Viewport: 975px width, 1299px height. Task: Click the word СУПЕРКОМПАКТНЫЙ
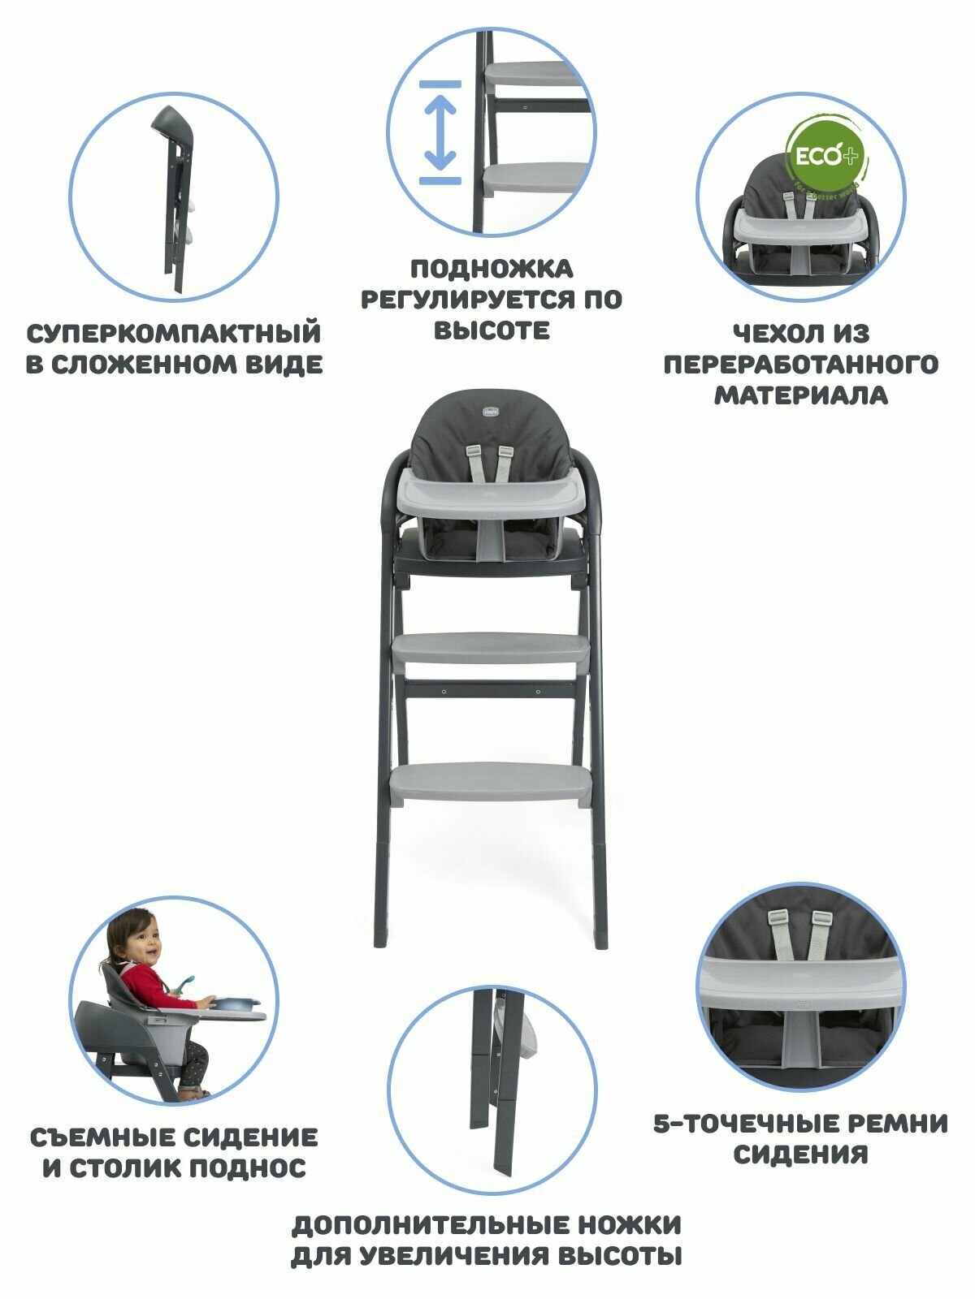tap(174, 334)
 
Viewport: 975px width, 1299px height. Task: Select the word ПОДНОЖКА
tap(491, 269)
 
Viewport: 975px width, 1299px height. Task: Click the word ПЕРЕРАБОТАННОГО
tap(800, 365)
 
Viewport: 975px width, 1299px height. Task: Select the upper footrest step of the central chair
tap(492, 649)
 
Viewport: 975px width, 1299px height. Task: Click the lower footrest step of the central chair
tap(491, 780)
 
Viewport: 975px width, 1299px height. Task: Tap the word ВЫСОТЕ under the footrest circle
tap(491, 330)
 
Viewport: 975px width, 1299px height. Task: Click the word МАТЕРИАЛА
tap(800, 395)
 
